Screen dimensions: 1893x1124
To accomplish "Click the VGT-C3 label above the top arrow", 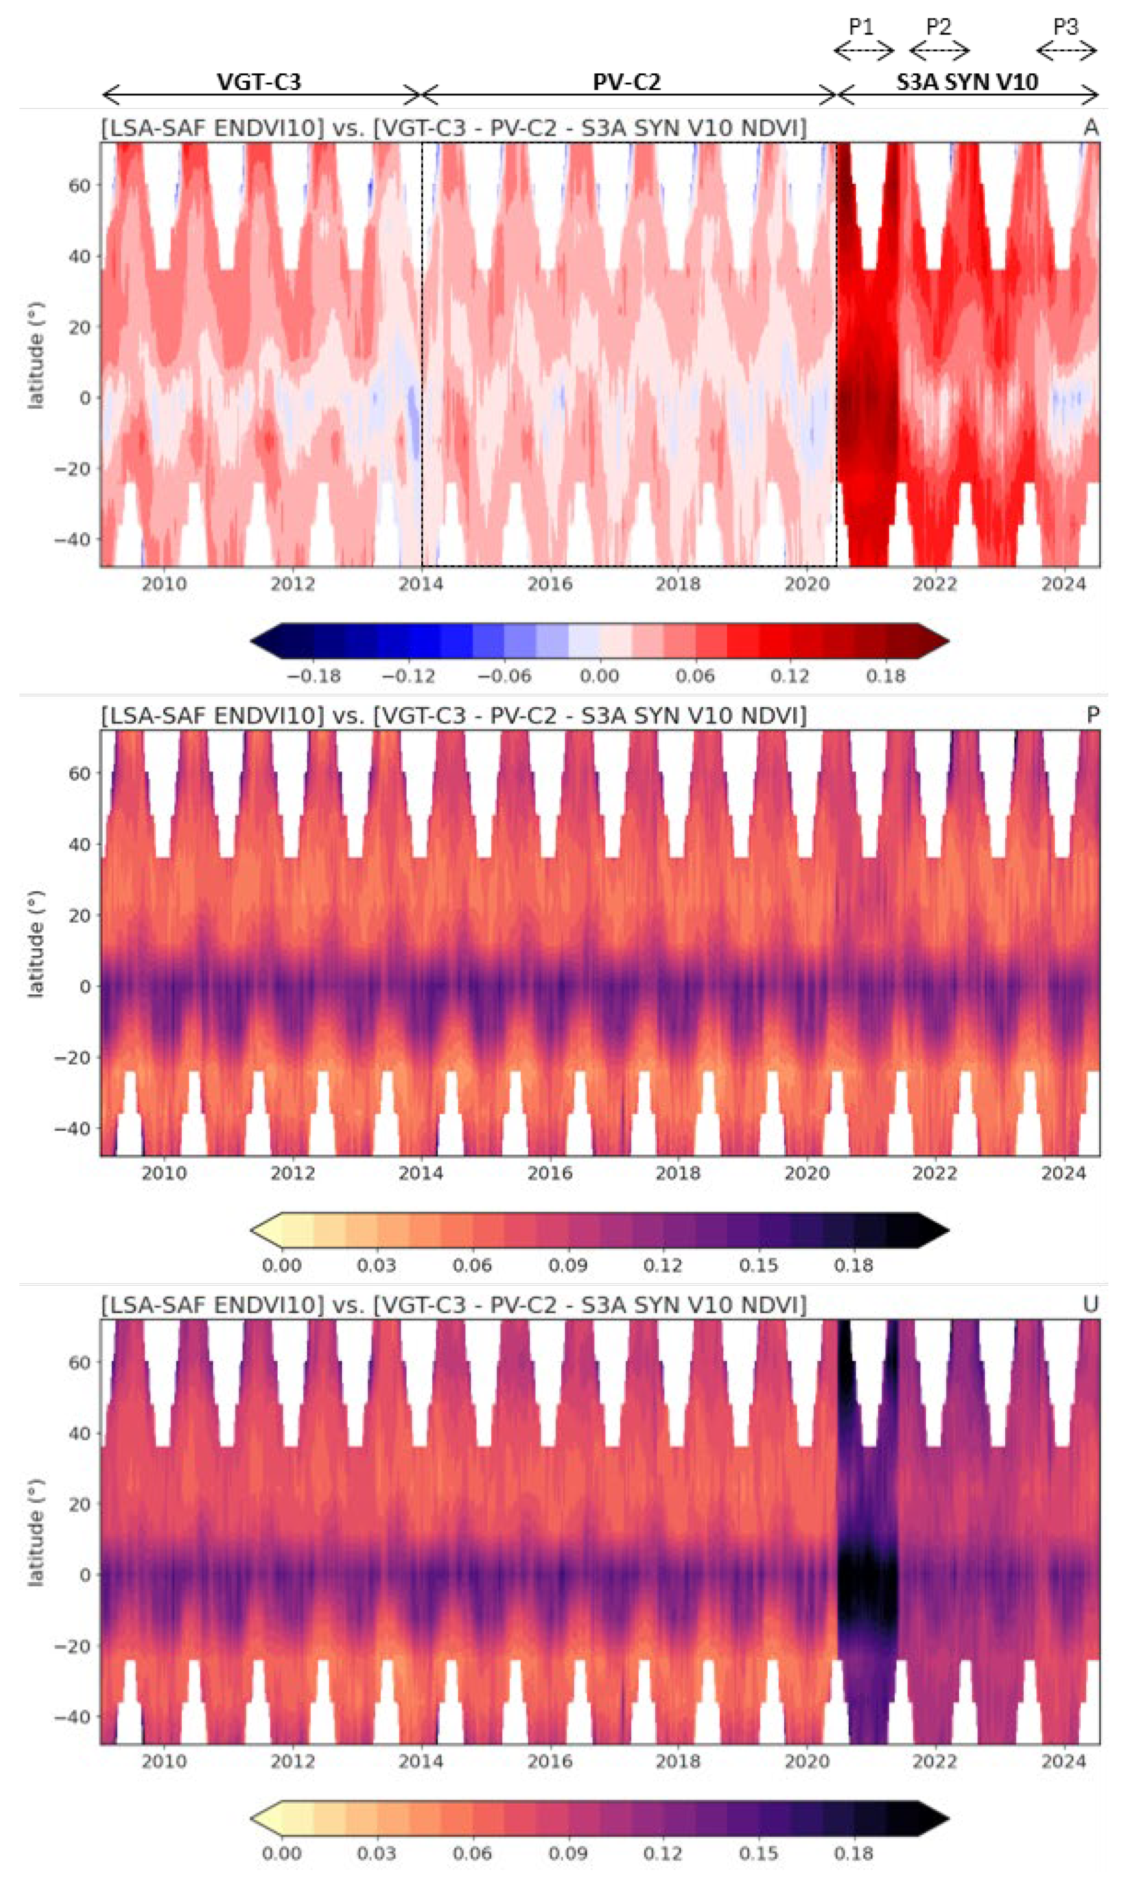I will [259, 81].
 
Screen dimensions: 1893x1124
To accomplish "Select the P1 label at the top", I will [862, 27].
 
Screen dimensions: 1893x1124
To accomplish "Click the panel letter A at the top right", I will [1090, 127].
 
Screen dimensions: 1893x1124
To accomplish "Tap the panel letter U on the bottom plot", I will [1090, 1304].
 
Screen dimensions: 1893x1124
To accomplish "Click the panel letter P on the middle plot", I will [1092, 715].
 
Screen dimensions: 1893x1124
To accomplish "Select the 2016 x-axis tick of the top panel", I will [549, 584].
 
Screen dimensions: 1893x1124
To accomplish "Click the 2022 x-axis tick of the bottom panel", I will [934, 1761].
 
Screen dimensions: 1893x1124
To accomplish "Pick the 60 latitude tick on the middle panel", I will [79, 773].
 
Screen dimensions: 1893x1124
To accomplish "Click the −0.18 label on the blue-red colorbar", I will [314, 676].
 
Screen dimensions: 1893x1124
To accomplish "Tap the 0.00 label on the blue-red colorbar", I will [599, 676].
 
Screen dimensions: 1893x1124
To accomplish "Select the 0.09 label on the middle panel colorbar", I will [567, 1265].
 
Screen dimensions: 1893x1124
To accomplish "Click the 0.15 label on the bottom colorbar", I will [758, 1854].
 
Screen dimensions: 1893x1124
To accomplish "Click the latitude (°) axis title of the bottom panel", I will [35, 1532].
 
